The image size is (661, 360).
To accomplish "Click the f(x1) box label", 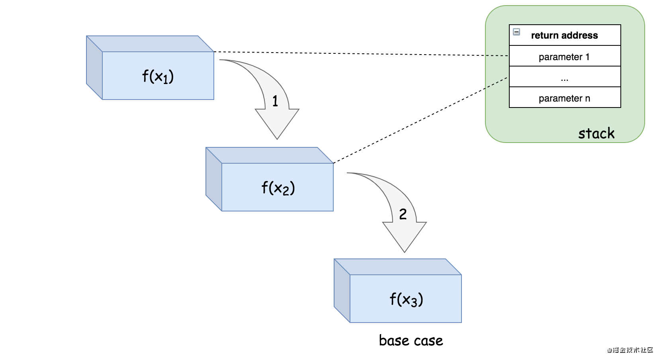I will [x=158, y=76].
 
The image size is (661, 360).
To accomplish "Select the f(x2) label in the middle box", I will [x=278, y=188].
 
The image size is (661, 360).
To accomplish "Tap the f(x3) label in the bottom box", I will [x=406, y=299].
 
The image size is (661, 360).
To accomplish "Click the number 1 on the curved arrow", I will [x=275, y=101].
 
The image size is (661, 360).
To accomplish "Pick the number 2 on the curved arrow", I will [x=403, y=214].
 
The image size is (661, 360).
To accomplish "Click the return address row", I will [x=565, y=35].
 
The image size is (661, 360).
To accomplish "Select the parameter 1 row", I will [x=565, y=57].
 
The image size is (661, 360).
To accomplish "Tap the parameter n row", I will [x=565, y=98].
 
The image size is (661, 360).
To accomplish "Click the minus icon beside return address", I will [x=516, y=32].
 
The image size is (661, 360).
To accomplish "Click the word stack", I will [x=596, y=133].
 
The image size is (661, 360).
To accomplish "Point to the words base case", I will [x=411, y=340].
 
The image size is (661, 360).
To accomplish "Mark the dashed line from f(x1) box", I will [x=358, y=54].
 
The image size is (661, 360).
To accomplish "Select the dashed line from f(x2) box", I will [x=418, y=121].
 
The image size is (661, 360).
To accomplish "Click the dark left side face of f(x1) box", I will [x=94, y=68].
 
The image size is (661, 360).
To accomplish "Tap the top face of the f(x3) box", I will [x=397, y=267].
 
